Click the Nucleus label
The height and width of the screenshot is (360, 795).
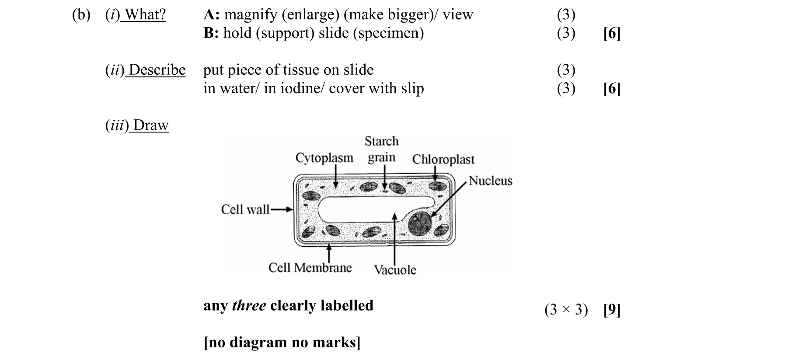(x=490, y=181)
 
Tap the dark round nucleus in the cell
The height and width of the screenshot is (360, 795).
(x=420, y=223)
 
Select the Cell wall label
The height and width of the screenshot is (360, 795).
(x=245, y=210)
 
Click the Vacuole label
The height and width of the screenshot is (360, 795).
(x=395, y=269)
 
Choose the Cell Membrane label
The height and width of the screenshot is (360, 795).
(x=310, y=267)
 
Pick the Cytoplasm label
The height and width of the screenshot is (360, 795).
(x=324, y=157)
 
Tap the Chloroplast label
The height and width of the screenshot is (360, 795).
(x=443, y=159)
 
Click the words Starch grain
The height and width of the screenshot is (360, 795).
(x=381, y=149)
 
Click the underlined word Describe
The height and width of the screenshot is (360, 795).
(x=157, y=70)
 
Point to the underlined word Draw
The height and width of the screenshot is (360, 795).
(x=150, y=125)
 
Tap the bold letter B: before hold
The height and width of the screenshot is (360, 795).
(x=211, y=33)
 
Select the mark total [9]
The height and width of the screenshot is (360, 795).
(x=611, y=310)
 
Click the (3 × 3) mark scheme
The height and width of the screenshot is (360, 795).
(x=566, y=310)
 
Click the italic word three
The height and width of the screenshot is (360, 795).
(x=249, y=305)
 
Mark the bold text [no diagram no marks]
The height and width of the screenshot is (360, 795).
(x=282, y=342)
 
